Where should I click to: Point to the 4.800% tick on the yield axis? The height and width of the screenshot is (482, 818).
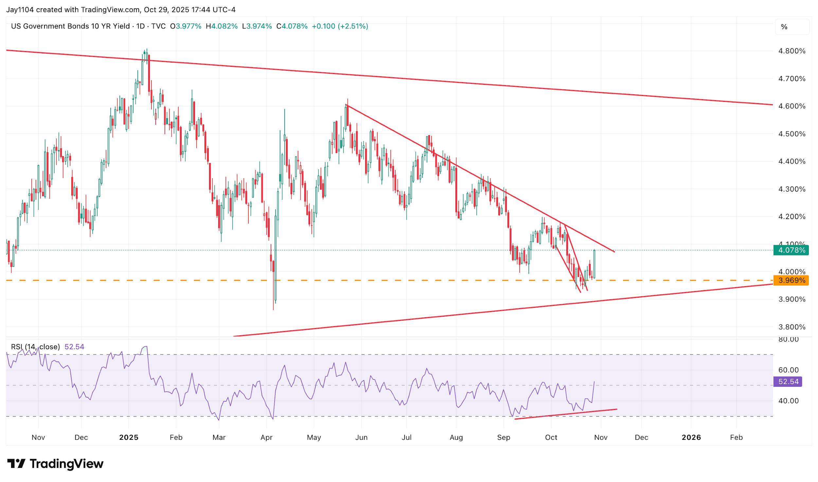coord(791,51)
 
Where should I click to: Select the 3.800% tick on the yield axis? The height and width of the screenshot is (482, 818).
coord(791,327)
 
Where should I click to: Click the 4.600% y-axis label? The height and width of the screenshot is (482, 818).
coord(791,106)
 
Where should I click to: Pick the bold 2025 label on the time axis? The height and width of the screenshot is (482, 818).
coord(129,437)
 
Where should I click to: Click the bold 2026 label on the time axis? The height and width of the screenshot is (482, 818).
coord(691,437)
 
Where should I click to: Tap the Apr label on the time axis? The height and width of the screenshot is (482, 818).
coord(266,437)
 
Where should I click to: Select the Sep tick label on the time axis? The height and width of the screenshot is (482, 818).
coord(503,437)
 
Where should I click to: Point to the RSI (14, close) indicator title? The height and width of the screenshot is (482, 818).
coord(35,347)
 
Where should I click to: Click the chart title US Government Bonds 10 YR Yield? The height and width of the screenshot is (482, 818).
coord(70,26)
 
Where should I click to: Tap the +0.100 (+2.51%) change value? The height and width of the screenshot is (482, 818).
coord(340,26)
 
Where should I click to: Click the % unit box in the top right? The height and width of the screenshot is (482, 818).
coord(784,27)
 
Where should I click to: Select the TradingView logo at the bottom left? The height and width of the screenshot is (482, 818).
coord(55,464)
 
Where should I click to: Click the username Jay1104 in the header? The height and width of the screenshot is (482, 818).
coord(20,10)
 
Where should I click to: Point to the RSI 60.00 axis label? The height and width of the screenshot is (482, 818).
coord(788,370)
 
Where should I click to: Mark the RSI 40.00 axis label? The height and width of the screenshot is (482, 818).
coord(788,401)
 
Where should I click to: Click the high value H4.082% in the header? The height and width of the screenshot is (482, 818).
coord(222,26)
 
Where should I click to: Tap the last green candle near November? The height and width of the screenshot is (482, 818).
coord(594,264)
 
